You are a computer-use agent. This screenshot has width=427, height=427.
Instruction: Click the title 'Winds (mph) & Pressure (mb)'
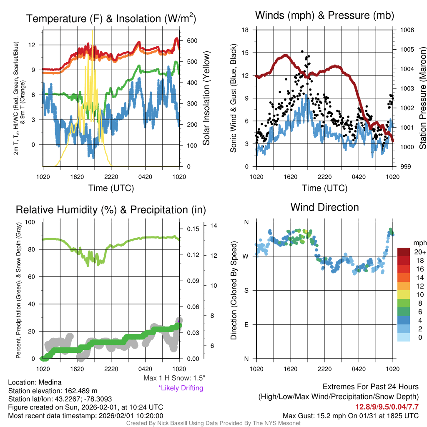coord(324,16)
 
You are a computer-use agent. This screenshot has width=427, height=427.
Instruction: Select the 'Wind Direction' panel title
coord(324,207)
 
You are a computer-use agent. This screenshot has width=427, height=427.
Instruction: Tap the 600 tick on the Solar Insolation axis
coord(192,41)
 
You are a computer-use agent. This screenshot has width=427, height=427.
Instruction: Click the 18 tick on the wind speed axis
coord(246,30)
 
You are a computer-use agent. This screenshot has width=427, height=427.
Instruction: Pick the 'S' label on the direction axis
coord(246,290)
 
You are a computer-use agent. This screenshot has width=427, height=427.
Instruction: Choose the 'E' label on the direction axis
coord(246,324)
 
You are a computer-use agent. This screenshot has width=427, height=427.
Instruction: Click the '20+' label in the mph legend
coord(420,252)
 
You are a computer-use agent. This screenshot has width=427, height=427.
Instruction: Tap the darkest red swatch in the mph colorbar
coord(404,252)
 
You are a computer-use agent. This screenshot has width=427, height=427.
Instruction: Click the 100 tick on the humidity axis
coord(31,222)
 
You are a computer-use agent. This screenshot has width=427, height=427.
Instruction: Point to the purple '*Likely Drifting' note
coord(181,388)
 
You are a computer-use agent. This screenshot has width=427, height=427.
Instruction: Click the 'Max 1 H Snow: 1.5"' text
coord(174,378)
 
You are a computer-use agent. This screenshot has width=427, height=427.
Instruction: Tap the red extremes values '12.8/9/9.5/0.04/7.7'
coord(387,407)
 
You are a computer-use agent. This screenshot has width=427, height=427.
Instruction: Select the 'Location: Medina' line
coord(35,382)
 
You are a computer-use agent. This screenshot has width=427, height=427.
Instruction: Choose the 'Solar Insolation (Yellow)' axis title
coord(206,98)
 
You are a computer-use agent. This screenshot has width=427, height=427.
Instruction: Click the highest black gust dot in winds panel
coord(302,51)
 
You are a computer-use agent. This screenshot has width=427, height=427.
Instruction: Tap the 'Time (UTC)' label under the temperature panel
coord(111,188)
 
